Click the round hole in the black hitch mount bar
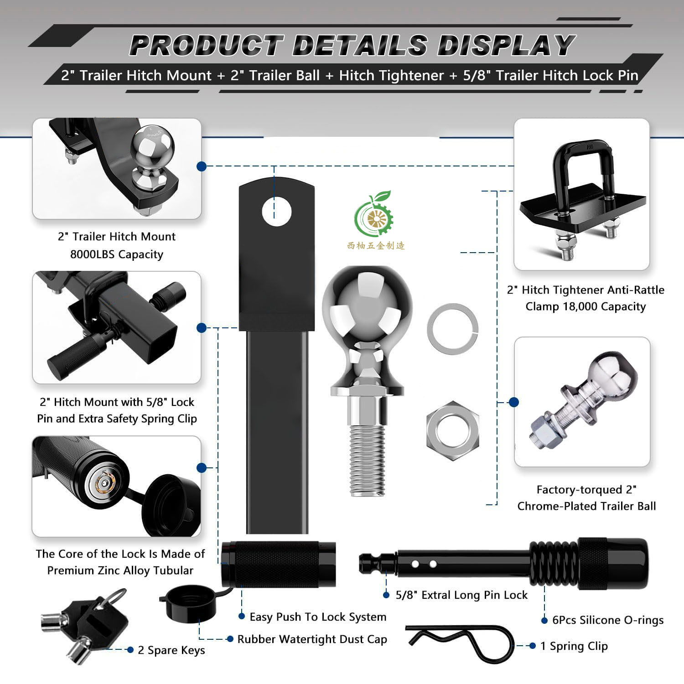277,212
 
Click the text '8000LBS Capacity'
117,254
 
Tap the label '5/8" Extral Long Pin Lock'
461,595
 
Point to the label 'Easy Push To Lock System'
318,617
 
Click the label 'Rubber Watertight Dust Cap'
312,639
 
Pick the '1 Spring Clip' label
574,646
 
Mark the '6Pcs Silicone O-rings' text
608,620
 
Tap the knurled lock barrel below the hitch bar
279,564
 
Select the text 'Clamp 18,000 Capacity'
586,306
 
